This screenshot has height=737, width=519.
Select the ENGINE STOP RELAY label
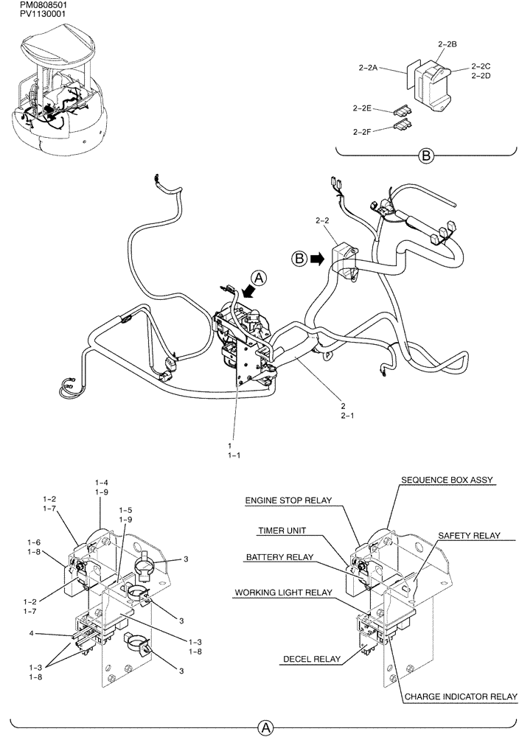(x=288, y=501)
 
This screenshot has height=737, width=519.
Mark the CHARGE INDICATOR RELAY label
(x=460, y=695)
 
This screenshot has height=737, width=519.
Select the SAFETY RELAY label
(x=469, y=535)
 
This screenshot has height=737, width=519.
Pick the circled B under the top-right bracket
(x=425, y=156)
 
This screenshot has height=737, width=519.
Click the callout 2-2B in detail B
(x=447, y=44)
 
